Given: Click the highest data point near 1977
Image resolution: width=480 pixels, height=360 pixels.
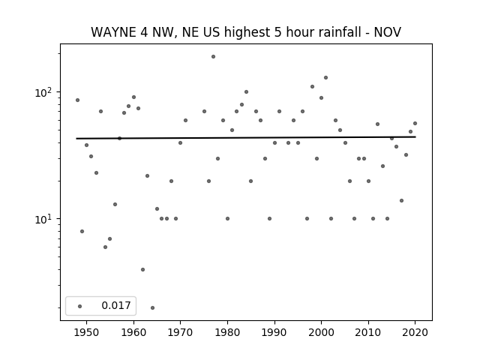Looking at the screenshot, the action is point(213,57).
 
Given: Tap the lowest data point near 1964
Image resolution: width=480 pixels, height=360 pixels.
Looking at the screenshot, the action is point(152,307).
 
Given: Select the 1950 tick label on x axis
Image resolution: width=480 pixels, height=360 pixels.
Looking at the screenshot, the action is point(87,332).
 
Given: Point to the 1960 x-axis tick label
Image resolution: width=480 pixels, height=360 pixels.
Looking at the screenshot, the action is point(133,332).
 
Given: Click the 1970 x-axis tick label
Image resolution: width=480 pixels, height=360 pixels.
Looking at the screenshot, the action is point(180,332).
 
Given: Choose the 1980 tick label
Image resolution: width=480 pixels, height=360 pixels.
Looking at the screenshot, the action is point(227,332).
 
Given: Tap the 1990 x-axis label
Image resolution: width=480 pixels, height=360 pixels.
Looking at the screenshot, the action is point(274,332).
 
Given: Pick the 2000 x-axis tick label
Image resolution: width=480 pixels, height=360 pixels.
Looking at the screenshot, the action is point(322,332).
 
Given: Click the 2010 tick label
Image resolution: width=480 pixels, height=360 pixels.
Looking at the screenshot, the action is point(368,332).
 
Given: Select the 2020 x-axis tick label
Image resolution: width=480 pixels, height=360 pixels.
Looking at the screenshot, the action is point(415,332).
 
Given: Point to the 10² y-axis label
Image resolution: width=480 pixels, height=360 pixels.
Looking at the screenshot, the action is point(45,92).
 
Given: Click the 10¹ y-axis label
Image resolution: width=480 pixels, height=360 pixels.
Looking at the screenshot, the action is point(45,219).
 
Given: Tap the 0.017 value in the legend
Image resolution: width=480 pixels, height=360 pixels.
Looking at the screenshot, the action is point(116,305).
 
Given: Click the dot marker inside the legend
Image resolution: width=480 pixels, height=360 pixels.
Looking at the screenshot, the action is point(79,306).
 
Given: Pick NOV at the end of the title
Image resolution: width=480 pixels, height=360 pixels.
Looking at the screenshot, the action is point(388,32).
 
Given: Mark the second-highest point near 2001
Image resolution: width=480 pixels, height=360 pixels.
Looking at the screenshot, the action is point(325,78).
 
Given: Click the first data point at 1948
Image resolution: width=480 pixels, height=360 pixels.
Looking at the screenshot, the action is point(77,100).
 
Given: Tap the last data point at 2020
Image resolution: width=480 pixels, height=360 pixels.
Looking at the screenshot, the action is point(415,123).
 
